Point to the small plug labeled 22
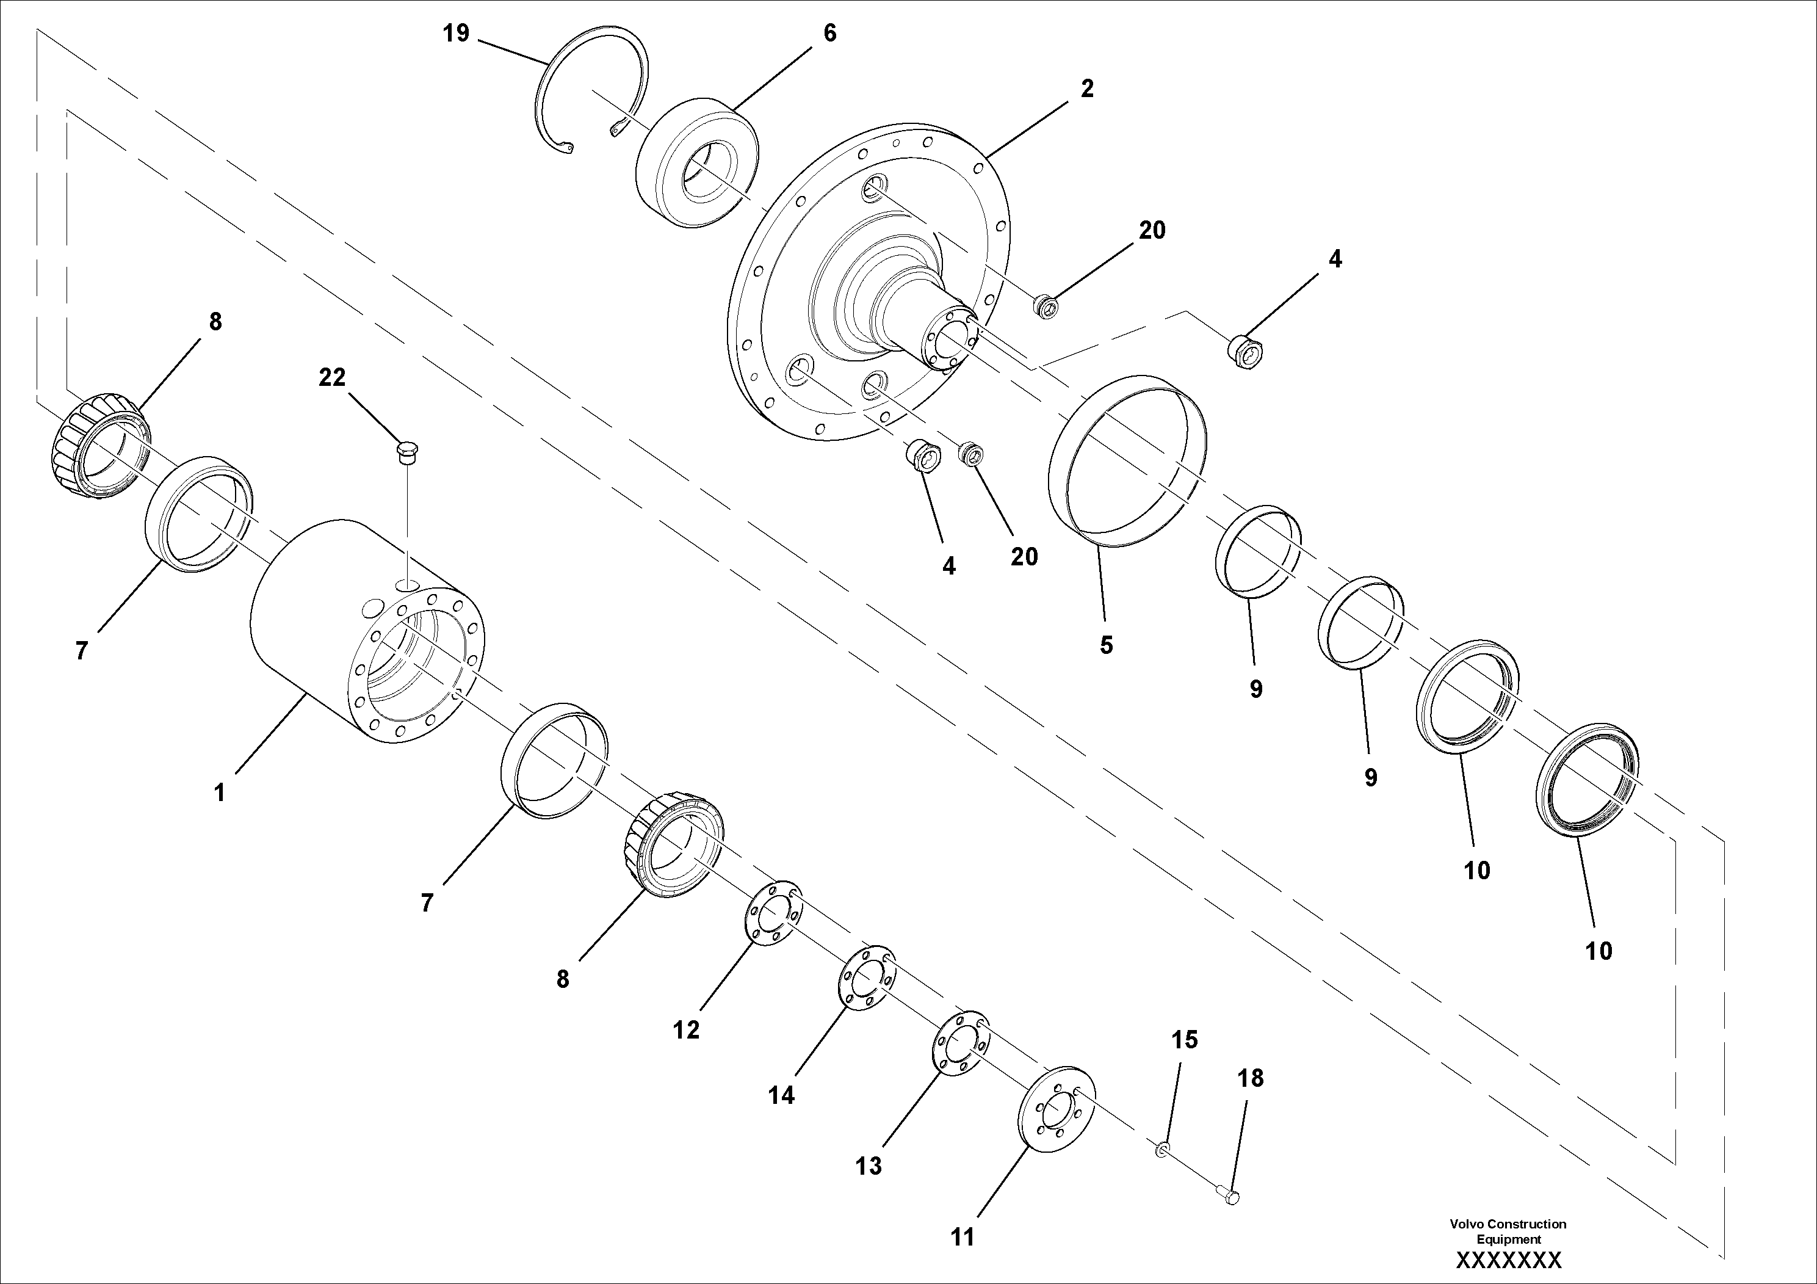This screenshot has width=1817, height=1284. click(x=408, y=452)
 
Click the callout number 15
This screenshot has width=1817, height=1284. click(x=1185, y=1039)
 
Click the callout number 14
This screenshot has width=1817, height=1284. click(x=781, y=1095)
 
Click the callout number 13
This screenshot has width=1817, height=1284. click(x=868, y=1166)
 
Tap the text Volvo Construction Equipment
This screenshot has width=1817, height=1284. click(x=1508, y=1231)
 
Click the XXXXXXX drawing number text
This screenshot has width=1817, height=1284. click(x=1508, y=1260)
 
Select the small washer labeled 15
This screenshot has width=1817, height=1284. click(x=1161, y=1148)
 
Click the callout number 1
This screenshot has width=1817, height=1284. click(x=219, y=792)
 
